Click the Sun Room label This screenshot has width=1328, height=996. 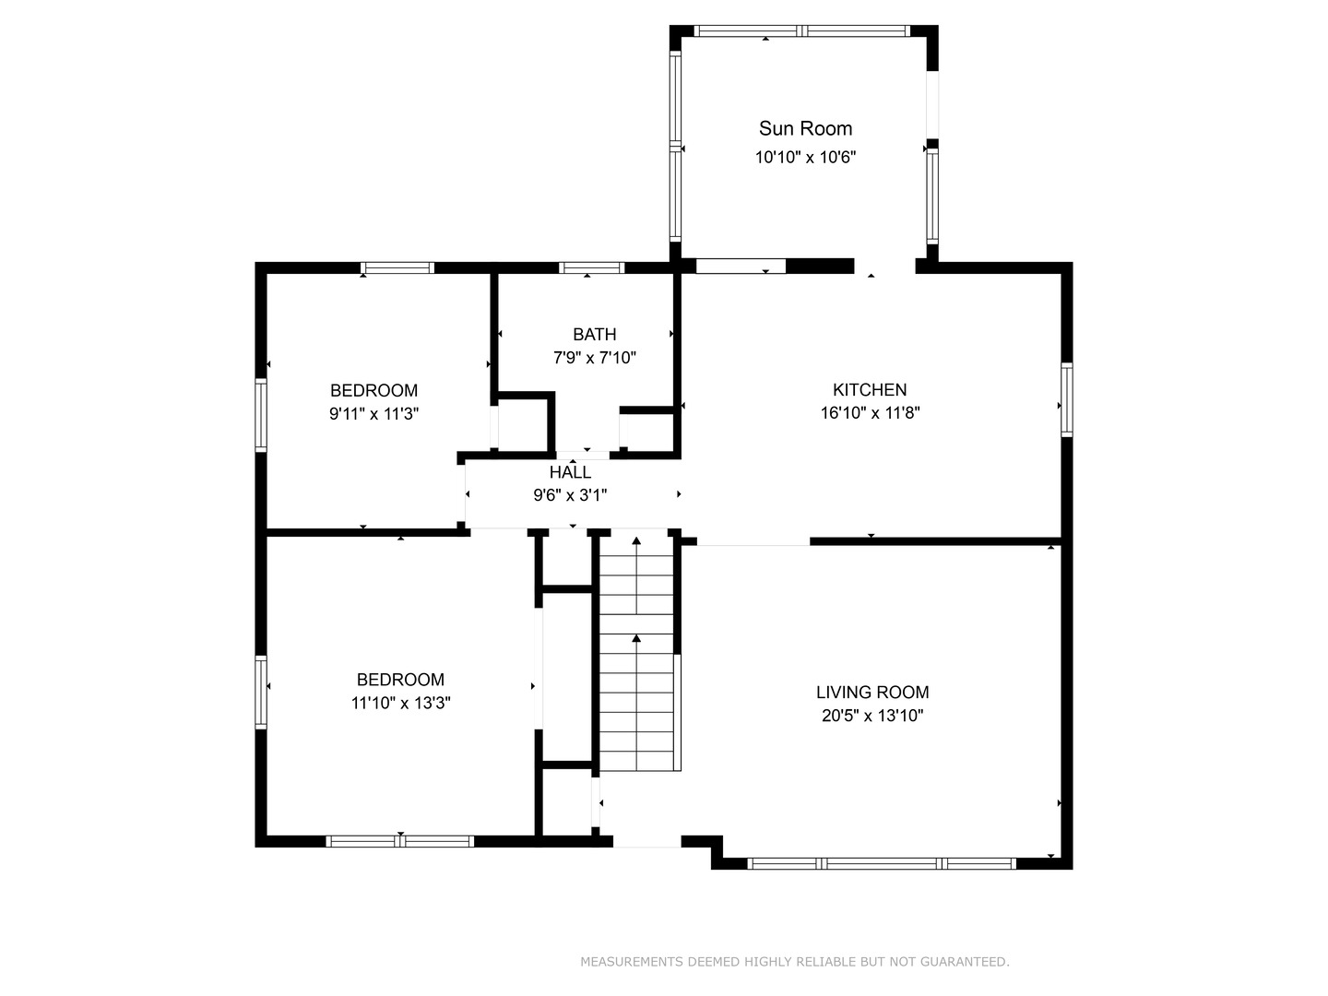pyautogui.click(x=805, y=128)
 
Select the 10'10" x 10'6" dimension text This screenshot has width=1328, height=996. pyautogui.click(x=805, y=157)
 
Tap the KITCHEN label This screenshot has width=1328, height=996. pyautogui.click(x=870, y=389)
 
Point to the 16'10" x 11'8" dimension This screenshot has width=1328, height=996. pyautogui.click(x=870, y=413)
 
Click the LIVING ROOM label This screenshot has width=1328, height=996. pyautogui.click(x=872, y=692)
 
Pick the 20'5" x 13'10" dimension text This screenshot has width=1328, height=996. pyautogui.click(x=872, y=716)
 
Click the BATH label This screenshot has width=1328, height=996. pyautogui.click(x=595, y=334)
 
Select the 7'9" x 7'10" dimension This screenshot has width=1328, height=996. pyautogui.click(x=595, y=358)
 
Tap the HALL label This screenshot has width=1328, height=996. pyautogui.click(x=571, y=471)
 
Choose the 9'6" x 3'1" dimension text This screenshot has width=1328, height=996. pyautogui.click(x=570, y=495)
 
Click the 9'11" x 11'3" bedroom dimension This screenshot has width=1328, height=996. pyautogui.click(x=373, y=414)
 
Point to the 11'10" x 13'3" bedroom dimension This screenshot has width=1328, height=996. pyautogui.click(x=400, y=703)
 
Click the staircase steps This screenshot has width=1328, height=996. pyautogui.click(x=636, y=653)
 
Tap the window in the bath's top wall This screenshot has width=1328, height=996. pyautogui.click(x=591, y=267)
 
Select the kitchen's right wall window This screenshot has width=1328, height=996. pyautogui.click(x=1067, y=399)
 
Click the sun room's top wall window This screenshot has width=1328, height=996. pyautogui.click(x=801, y=30)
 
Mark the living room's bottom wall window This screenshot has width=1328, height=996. pyautogui.click(x=882, y=863)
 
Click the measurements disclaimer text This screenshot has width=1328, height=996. pyautogui.click(x=795, y=962)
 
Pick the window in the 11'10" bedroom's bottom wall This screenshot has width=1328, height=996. pyautogui.click(x=400, y=841)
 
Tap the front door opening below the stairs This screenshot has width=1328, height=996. pyautogui.click(x=647, y=841)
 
